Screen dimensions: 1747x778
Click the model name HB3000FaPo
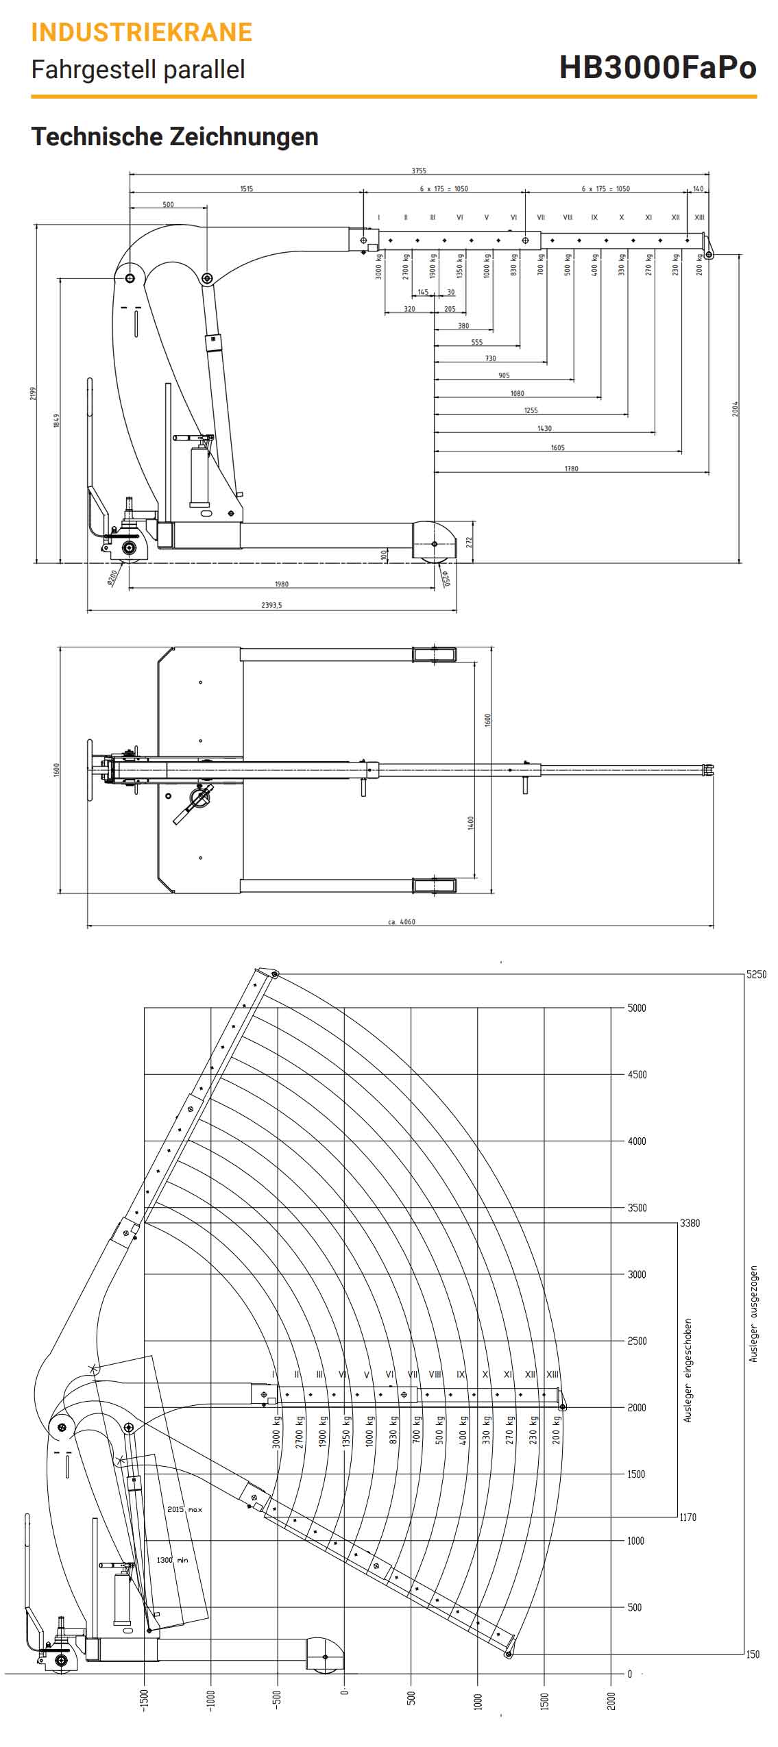[657, 67]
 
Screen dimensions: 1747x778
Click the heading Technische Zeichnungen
[175, 136]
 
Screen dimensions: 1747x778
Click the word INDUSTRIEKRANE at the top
[142, 32]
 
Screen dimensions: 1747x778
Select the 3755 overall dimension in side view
[418, 171]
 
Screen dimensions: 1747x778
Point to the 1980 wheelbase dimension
[281, 584]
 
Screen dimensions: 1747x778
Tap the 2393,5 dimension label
[271, 605]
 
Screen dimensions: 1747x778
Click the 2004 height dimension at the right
[736, 409]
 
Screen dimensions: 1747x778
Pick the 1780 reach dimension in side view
[571, 469]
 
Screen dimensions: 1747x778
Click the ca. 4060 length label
[401, 921]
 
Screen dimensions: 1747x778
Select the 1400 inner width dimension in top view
[471, 823]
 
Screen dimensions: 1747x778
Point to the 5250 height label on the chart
[756, 975]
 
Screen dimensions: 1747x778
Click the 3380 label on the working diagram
[690, 1223]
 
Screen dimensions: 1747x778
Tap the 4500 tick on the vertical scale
[637, 1074]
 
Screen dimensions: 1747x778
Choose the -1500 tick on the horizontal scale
[144, 1700]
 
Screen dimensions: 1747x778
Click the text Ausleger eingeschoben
[688, 1370]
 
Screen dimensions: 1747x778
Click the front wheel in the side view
[435, 544]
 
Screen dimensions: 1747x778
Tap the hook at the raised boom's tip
[274, 975]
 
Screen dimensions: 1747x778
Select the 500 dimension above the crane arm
[168, 204]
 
